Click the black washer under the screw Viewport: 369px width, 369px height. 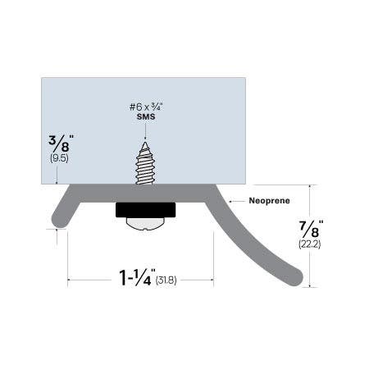[143, 210]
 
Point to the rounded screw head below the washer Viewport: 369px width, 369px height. [143, 222]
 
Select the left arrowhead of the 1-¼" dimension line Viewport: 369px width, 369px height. [71, 280]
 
